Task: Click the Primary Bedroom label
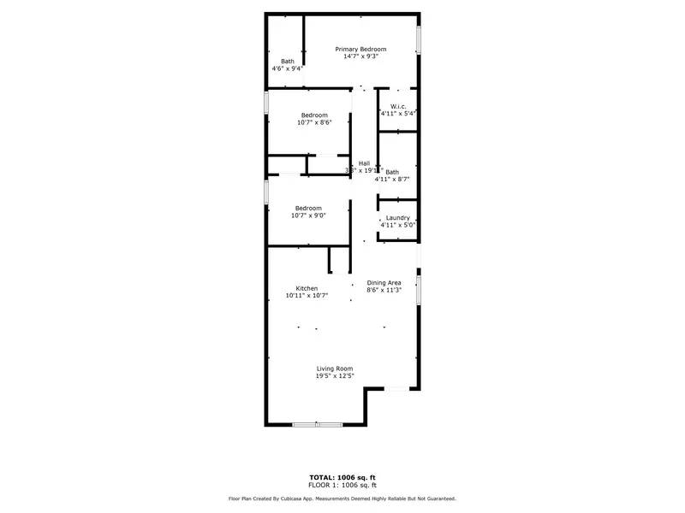[x=360, y=49]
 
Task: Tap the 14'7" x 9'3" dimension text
[x=360, y=57]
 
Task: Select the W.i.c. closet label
[x=398, y=106]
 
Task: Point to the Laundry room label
[x=397, y=217]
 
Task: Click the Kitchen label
[x=307, y=288]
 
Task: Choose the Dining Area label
[x=384, y=282]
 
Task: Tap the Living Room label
[x=335, y=369]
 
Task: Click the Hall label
[x=364, y=163]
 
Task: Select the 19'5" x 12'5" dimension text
[x=335, y=376]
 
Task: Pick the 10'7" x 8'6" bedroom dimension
[x=314, y=123]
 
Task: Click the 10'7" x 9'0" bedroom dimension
[x=308, y=216]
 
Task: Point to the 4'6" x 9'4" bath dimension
[x=288, y=69]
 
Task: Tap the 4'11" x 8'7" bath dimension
[x=392, y=180]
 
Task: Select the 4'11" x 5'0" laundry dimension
[x=397, y=226]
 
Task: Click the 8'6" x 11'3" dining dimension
[x=384, y=291]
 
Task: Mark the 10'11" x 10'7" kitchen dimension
[x=307, y=297]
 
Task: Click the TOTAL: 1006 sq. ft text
[x=342, y=477]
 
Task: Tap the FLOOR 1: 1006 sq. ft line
[x=342, y=485]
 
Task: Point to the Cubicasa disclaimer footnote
[x=342, y=498]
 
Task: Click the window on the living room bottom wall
[x=317, y=424]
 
